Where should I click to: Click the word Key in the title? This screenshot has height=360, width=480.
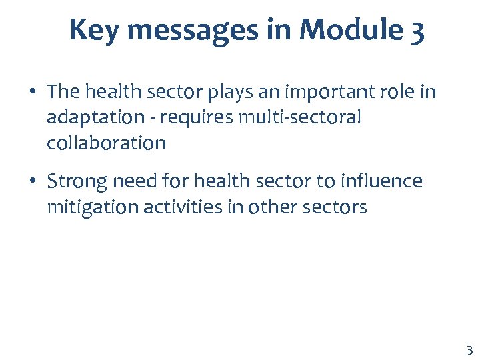(92, 30)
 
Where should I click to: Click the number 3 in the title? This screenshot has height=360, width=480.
(417, 31)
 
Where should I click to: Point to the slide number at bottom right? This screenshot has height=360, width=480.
(469, 351)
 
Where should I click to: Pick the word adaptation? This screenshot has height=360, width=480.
(95, 117)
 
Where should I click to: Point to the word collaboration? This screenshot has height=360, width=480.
(106, 143)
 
